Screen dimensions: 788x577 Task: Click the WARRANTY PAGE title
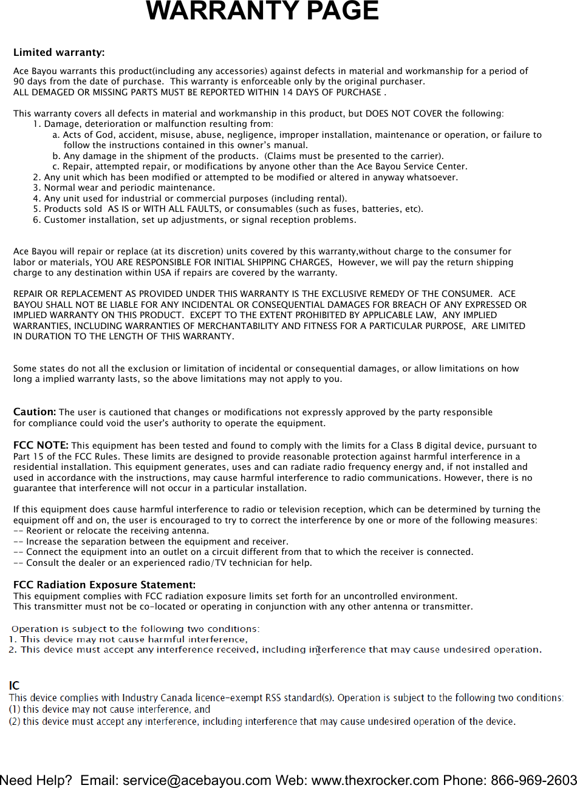pos(262,12)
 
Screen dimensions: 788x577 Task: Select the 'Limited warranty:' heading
pos(59,53)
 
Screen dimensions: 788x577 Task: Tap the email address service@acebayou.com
pos(197,780)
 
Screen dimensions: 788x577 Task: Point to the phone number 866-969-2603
pos(534,780)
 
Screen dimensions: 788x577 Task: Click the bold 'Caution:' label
pos(35,412)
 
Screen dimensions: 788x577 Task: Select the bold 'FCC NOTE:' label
pos(41,446)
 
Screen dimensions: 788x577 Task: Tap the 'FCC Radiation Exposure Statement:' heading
pos(104,585)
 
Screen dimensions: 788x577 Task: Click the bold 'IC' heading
pos(14,686)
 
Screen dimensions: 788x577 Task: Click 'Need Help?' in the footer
pos(36,780)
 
